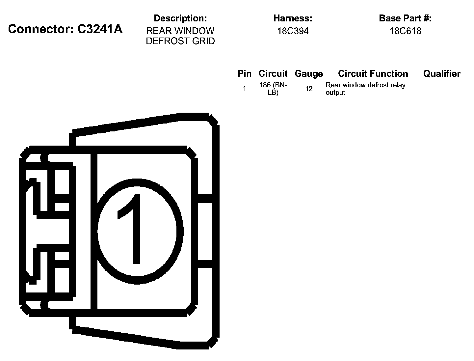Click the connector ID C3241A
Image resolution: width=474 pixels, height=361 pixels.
[100, 29]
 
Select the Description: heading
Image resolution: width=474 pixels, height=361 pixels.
[180, 18]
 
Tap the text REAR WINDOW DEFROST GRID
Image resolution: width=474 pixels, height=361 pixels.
[180, 36]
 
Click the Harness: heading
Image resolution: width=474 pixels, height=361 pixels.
[293, 18]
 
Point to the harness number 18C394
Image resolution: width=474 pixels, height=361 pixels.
[293, 31]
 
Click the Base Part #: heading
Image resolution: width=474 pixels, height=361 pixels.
[405, 18]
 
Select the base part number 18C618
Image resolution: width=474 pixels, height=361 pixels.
[405, 31]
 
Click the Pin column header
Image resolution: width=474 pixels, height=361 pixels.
[244, 73]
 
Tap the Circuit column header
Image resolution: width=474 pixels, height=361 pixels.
[273, 73]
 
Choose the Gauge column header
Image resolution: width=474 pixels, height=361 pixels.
[309, 73]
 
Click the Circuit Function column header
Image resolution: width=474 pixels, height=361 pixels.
[373, 73]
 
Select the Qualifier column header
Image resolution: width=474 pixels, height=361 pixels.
[442, 73]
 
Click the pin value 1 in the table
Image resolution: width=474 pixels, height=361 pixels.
[244, 89]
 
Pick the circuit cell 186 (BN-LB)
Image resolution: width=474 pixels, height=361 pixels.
[273, 89]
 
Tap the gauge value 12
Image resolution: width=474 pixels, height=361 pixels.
[309, 89]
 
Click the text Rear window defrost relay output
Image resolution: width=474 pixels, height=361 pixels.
[365, 89]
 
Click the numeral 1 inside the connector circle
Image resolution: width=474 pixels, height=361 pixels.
[132, 229]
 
